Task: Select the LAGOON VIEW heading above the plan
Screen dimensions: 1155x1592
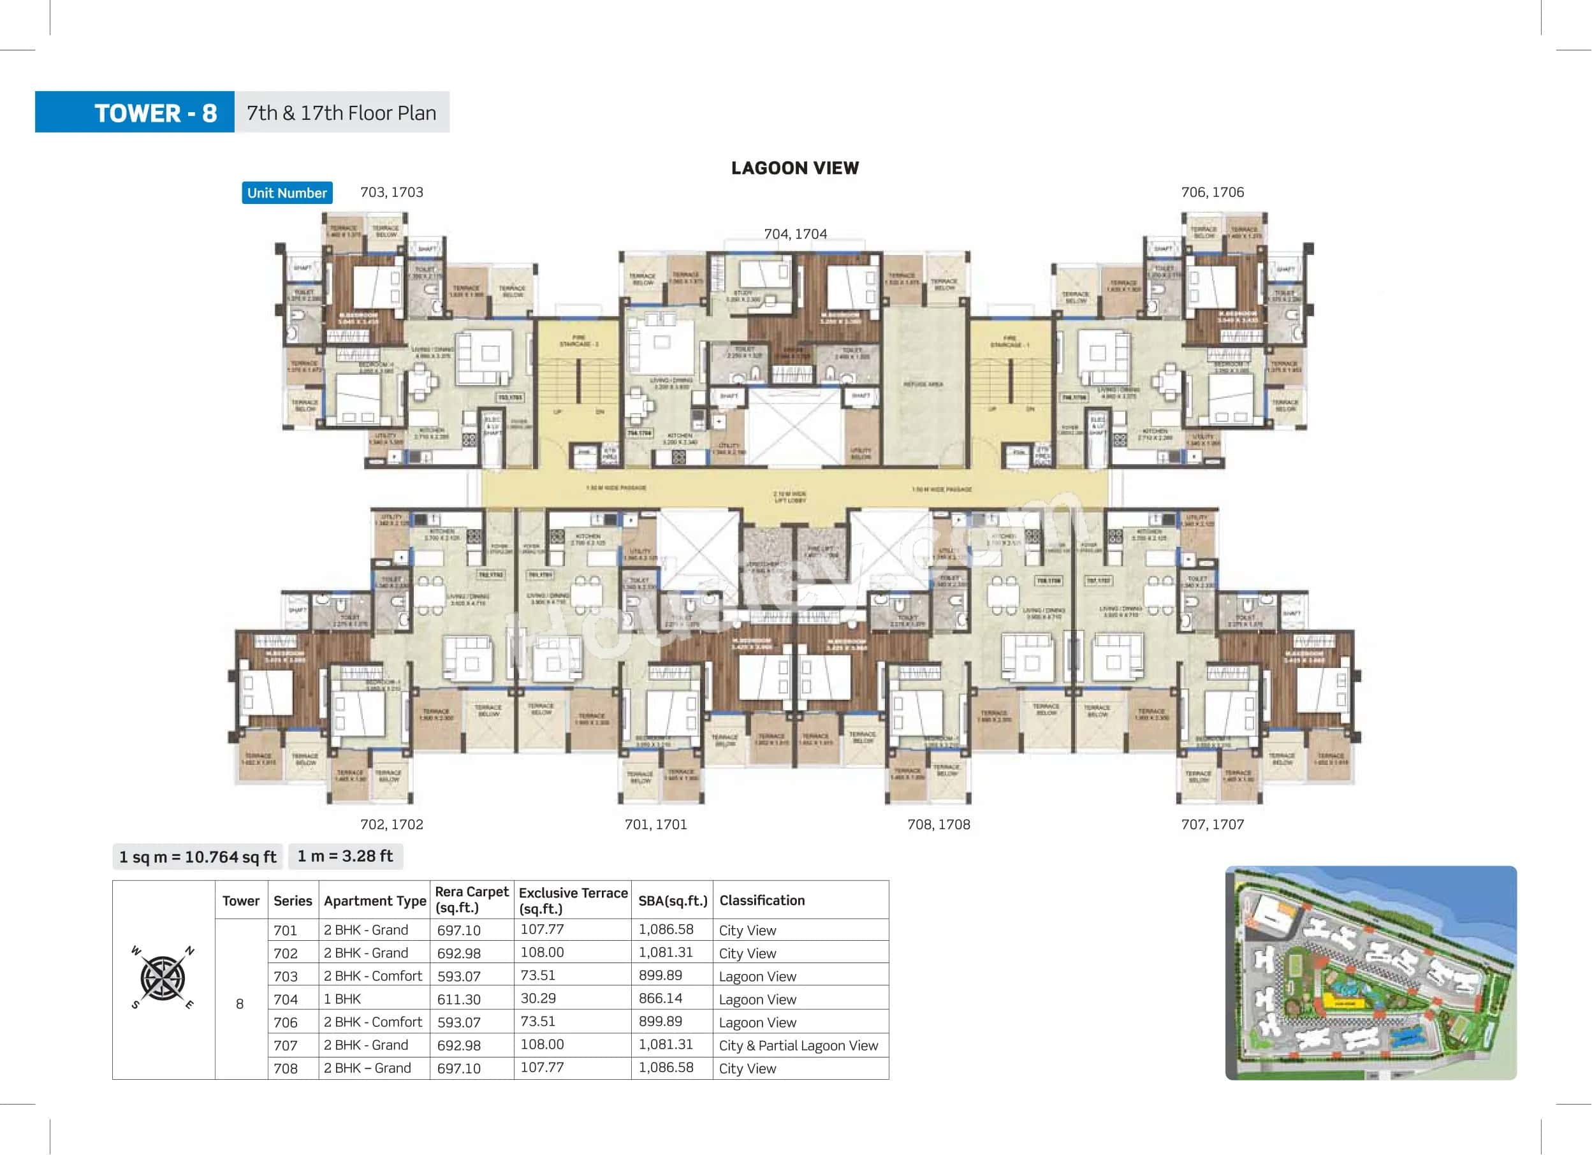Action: [794, 168]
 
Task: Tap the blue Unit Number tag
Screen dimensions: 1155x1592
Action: [286, 193]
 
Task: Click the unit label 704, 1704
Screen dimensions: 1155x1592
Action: [795, 234]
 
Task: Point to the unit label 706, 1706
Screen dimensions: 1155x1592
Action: [1212, 192]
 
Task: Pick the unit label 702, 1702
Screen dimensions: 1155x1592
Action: [391, 824]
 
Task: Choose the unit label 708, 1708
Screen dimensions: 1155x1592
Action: [938, 824]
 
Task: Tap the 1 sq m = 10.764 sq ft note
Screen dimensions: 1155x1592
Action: [197, 857]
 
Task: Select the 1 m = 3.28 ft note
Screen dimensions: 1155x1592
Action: [346, 856]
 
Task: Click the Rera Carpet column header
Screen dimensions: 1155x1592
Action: [471, 899]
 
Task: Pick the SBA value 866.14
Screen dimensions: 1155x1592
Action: [661, 999]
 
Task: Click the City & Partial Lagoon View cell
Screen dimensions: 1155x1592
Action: [798, 1045]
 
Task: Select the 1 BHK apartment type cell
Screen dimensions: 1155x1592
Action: [342, 999]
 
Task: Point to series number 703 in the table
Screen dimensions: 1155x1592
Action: [286, 976]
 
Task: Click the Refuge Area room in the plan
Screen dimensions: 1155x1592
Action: [923, 384]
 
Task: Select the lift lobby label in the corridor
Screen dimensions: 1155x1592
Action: [791, 497]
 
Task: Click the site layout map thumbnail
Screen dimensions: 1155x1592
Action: [1370, 973]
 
